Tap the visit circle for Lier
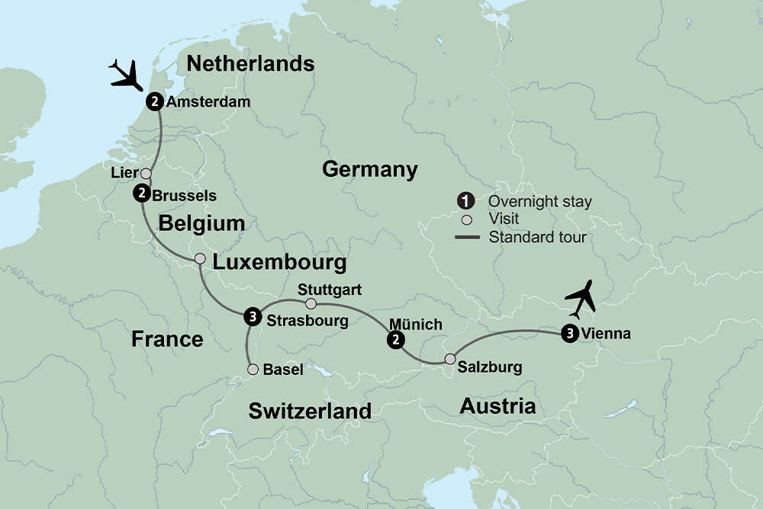(146, 174)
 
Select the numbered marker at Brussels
(141, 194)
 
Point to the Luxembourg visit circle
(200, 259)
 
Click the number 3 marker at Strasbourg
(251, 318)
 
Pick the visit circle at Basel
(253, 370)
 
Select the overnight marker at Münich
(395, 340)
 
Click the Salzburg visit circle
(450, 360)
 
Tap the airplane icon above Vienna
(581, 299)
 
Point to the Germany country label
(370, 169)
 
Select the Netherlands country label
(250, 63)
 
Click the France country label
(167, 338)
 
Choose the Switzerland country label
(310, 411)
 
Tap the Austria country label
(497, 406)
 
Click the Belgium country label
(201, 223)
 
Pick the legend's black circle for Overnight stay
(465, 202)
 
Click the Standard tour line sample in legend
(467, 238)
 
